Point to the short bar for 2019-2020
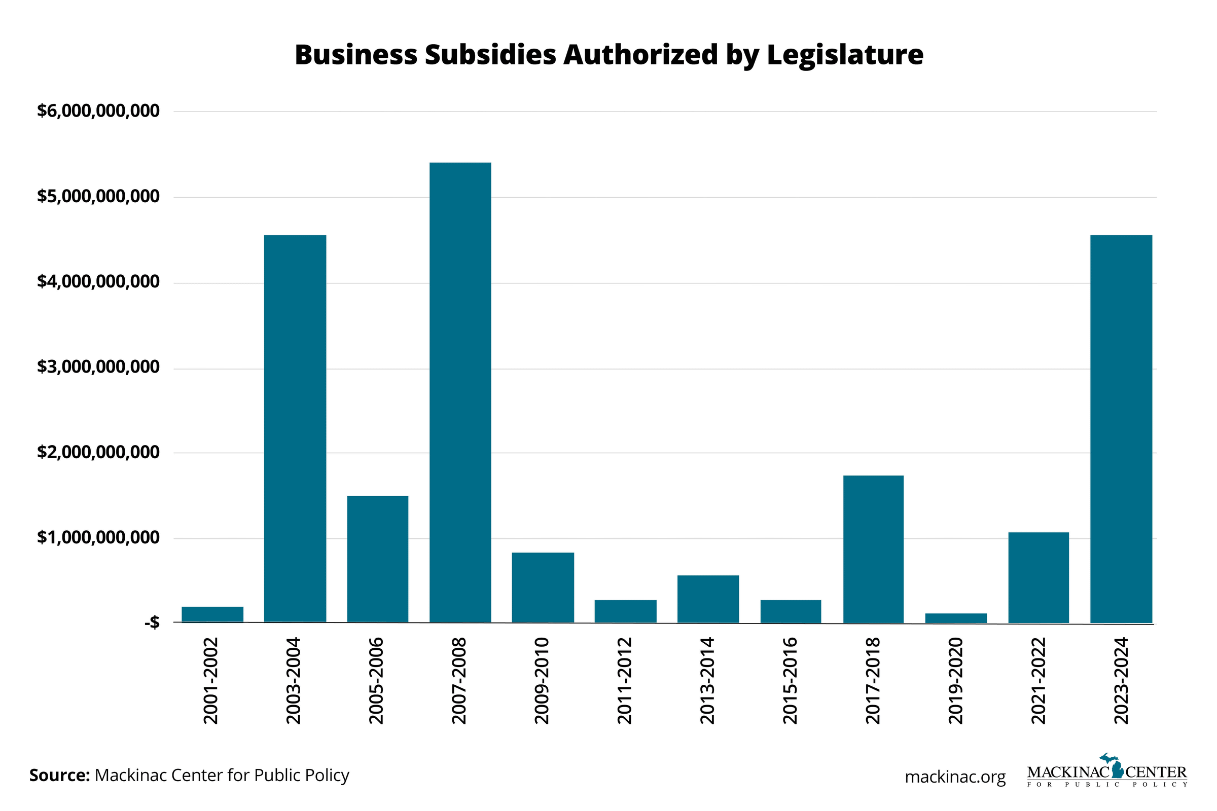pyautogui.click(x=956, y=617)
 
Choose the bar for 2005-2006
pyautogui.click(x=377, y=559)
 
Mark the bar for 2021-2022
pyautogui.click(x=1039, y=577)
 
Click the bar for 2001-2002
pyautogui.click(x=212, y=614)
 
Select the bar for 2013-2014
pyautogui.click(x=708, y=599)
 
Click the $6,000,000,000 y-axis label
pyautogui.click(x=98, y=110)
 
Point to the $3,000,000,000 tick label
pyautogui.click(x=98, y=367)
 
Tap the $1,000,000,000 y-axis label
pyautogui.click(x=98, y=538)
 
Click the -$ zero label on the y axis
pyautogui.click(x=152, y=623)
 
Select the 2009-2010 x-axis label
pyautogui.click(x=542, y=681)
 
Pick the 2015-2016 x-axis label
pyautogui.click(x=790, y=681)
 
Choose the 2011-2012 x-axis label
pyautogui.click(x=625, y=681)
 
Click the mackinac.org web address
pyautogui.click(x=955, y=777)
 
